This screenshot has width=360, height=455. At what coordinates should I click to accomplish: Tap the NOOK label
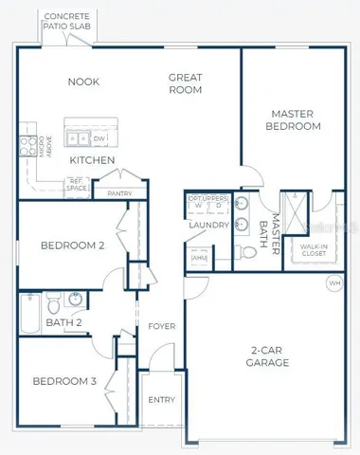83,82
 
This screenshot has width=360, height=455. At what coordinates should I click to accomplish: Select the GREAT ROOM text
186,83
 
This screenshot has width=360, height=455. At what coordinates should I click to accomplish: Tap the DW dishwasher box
99,138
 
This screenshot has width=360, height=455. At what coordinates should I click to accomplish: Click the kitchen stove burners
27,145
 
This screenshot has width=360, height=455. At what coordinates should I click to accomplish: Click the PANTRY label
119,193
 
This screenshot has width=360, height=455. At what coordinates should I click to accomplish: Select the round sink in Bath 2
76,302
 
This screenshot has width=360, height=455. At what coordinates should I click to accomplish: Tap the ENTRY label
161,399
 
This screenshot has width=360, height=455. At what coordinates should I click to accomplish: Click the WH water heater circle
333,282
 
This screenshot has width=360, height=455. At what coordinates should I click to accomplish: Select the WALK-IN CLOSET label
313,250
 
